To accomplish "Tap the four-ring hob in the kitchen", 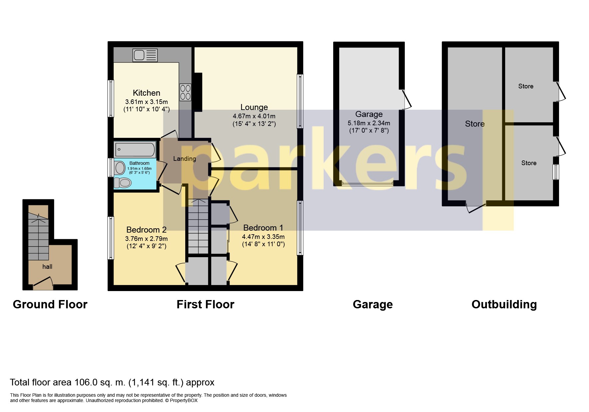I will click(185, 92).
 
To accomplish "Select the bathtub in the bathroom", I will click(135, 150).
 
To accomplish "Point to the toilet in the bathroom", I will click(122, 182).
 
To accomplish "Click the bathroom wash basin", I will click(120, 168).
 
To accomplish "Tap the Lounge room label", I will click(254, 107).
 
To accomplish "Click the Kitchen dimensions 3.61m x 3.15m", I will click(146, 102).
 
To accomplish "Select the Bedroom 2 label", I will click(146, 230).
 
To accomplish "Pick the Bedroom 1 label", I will click(263, 228).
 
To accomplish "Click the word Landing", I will click(184, 159).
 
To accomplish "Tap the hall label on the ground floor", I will click(47, 266).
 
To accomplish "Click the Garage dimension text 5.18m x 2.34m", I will click(369, 123).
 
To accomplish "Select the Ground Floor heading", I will click(50, 304).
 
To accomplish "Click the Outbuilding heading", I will click(504, 304).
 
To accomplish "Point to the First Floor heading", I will click(205, 304).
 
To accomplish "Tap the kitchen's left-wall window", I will click(111, 98).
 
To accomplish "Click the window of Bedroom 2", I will click(111, 238).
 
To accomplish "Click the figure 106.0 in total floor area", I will click(86, 382).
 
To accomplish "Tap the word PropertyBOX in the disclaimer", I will click(184, 401).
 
